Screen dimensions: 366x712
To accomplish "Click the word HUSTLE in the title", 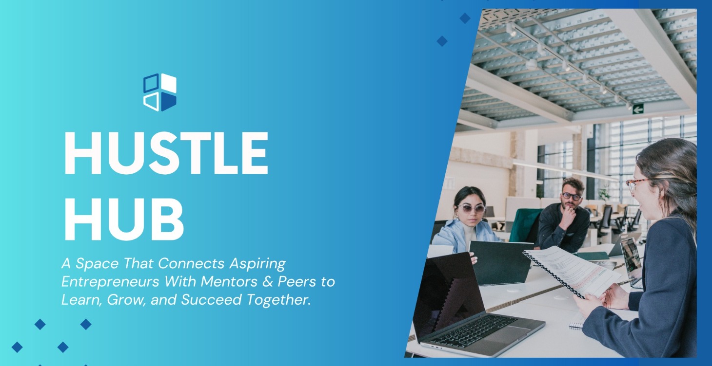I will pos(166,152).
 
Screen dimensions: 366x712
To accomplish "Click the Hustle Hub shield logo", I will pos(160,92).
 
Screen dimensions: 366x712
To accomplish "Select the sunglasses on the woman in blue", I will pos(471,208).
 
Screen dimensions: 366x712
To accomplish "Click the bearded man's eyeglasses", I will pos(571,196).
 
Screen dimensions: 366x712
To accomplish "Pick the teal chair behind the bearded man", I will pos(524,224).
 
